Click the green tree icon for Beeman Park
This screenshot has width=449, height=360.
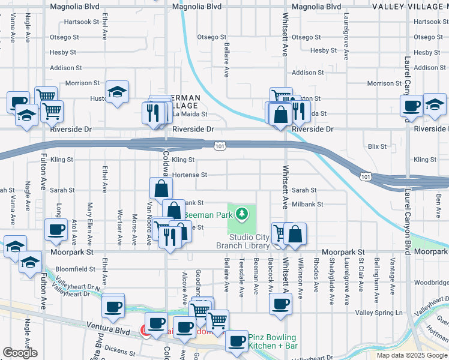coord(241,213)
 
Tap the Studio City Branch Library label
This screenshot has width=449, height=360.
coord(249,242)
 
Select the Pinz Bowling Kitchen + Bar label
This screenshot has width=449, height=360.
coord(274,342)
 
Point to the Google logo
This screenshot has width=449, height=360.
coord(20,353)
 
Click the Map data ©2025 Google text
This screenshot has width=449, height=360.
coord(412,355)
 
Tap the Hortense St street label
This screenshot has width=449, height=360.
coord(189,175)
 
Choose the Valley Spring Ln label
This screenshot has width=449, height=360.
coord(379,313)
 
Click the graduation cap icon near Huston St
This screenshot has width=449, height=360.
coord(117,92)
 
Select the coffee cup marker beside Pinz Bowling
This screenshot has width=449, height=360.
coord(236,341)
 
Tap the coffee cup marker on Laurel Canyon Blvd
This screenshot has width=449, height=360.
coord(411,106)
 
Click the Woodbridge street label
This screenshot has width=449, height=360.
coord(431,282)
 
